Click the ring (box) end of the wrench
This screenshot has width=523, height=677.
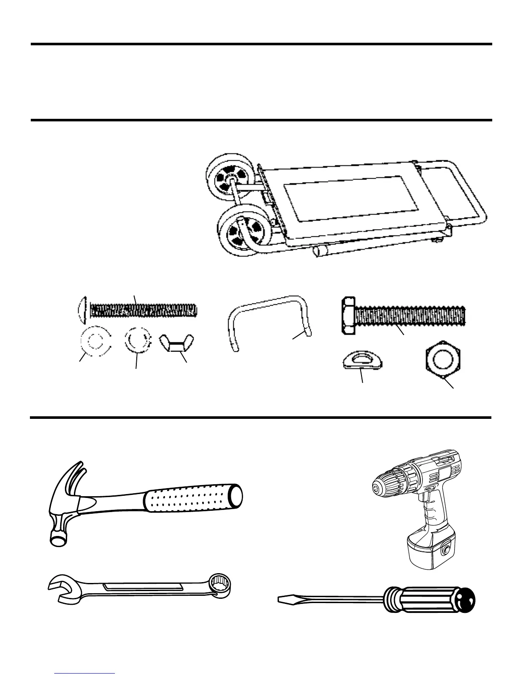pos(220,585)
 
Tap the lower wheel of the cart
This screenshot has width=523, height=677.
pos(239,231)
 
